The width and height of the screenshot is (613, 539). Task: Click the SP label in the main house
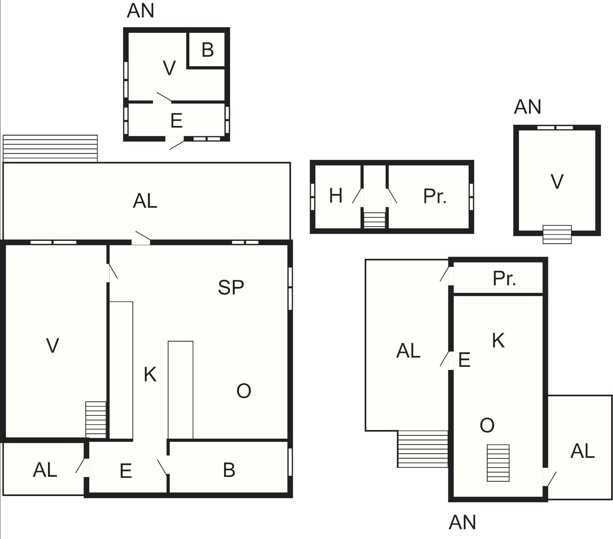(231, 287)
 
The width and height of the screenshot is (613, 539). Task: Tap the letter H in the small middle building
(336, 196)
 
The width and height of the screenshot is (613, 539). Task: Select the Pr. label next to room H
(435, 196)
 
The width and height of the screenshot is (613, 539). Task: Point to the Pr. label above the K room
(504, 278)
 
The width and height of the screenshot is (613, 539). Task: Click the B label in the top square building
(207, 50)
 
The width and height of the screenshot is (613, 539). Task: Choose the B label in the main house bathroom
(229, 470)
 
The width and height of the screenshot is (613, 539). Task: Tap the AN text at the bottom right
(462, 522)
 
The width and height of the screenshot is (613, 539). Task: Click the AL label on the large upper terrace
(145, 201)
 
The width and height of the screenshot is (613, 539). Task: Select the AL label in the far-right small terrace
(582, 451)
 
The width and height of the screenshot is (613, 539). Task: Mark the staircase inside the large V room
(96, 420)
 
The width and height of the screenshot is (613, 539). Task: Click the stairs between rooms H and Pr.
(375, 220)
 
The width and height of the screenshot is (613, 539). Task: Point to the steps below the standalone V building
(557, 234)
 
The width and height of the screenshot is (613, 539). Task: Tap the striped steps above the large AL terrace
(50, 148)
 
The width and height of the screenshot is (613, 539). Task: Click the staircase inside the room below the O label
(498, 463)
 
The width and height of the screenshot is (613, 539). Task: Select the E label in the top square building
(176, 121)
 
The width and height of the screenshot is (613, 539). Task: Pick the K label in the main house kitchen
(150, 374)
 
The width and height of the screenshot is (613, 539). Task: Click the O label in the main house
(244, 391)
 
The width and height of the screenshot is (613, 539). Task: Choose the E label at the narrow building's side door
(464, 360)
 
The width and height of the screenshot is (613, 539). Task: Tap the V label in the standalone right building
(557, 181)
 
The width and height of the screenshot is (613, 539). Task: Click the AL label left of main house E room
(45, 470)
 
